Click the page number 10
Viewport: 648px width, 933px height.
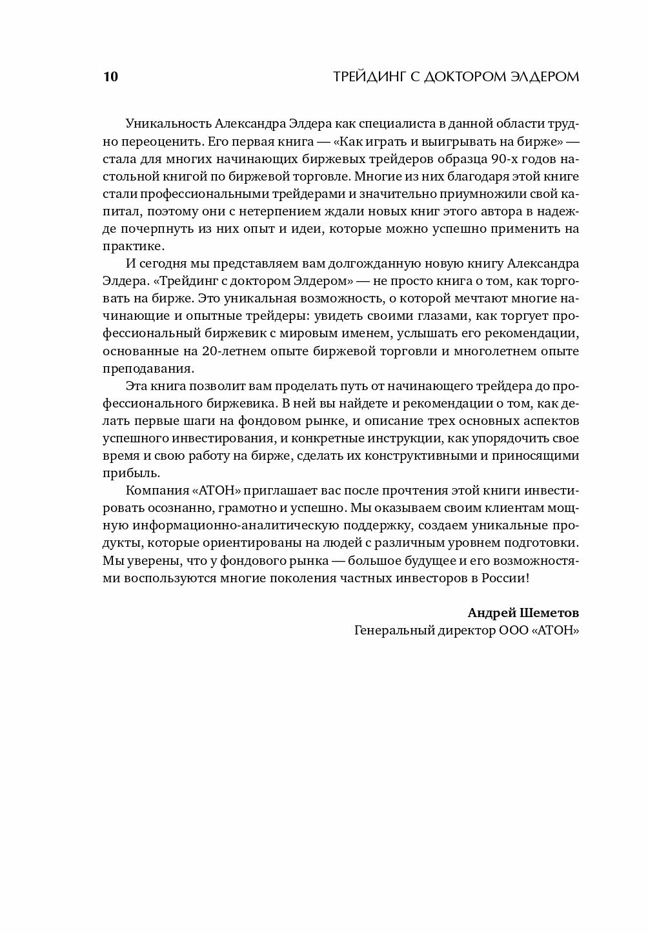click(110, 77)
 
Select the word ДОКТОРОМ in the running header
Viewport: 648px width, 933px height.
click(463, 77)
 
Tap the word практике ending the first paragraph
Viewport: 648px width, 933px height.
click(134, 246)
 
